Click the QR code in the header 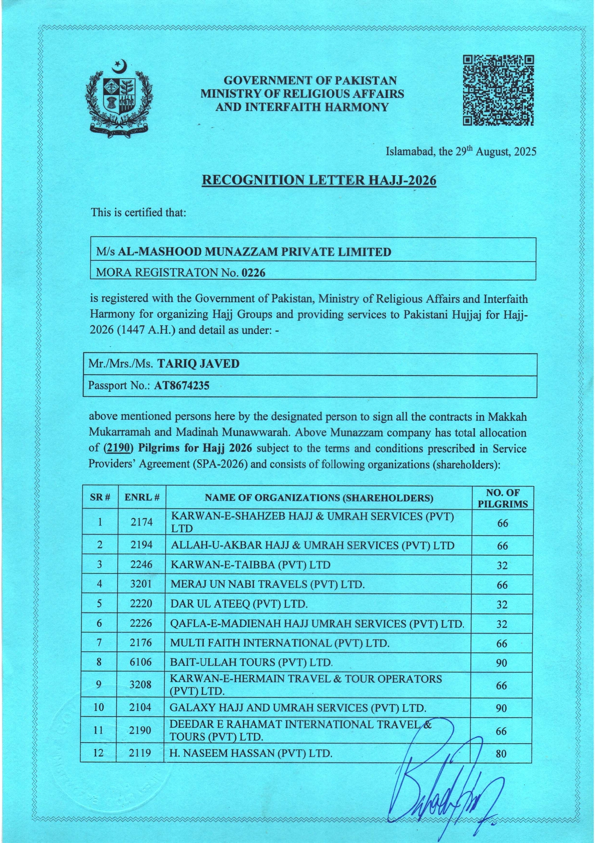[498, 91]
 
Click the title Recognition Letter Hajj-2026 [319, 180]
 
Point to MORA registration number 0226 [254, 273]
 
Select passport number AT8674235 [181, 385]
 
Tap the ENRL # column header [142, 498]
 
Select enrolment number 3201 [141, 585]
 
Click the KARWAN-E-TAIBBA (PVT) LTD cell [250, 564]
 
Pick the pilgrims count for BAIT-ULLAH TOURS [501, 663]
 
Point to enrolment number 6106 [141, 662]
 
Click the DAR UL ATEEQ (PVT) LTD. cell [239, 604]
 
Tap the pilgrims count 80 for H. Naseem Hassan [501, 754]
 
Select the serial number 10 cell [98, 707]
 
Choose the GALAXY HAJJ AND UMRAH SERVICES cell [298, 708]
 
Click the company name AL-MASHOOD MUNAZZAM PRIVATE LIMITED [254, 251]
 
